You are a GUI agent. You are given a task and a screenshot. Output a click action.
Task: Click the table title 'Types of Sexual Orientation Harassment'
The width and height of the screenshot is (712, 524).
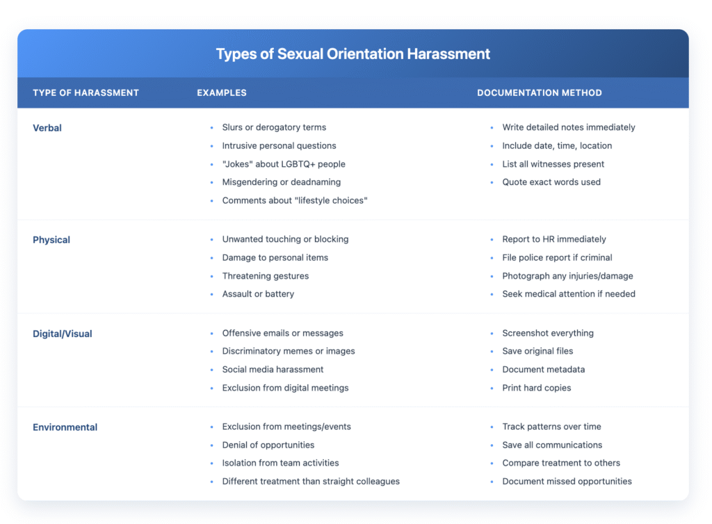(x=353, y=54)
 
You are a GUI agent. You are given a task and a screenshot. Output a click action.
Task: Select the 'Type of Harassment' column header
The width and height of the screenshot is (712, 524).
(x=86, y=93)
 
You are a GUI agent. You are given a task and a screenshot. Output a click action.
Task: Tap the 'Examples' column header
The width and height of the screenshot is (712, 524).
(x=221, y=93)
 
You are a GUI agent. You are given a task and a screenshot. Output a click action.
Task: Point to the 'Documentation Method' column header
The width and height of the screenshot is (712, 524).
(x=539, y=93)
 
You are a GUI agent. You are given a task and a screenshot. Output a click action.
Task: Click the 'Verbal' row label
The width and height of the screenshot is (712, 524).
(x=47, y=128)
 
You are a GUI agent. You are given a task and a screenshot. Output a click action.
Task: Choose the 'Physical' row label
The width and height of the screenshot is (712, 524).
(x=51, y=240)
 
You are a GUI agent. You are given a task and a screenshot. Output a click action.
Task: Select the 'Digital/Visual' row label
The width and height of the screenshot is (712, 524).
(x=62, y=334)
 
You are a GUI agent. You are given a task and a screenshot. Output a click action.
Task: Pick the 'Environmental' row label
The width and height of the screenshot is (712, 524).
(x=65, y=427)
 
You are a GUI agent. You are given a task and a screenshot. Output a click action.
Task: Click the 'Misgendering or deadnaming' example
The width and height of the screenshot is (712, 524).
(x=282, y=182)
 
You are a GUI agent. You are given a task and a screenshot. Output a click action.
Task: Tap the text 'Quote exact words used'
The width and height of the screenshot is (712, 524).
(x=551, y=182)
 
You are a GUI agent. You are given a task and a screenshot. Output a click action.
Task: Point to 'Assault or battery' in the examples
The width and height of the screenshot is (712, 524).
(x=258, y=294)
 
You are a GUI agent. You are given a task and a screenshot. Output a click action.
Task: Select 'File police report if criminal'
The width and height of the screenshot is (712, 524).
(x=557, y=258)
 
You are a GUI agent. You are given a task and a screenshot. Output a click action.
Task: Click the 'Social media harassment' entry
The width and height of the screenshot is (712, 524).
(x=273, y=370)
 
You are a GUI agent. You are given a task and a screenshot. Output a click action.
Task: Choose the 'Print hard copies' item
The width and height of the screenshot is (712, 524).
(x=536, y=388)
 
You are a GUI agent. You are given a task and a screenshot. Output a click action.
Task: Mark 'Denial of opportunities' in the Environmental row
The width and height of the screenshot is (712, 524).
(x=268, y=445)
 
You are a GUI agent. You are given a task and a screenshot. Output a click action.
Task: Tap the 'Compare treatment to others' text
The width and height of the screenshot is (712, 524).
(x=561, y=463)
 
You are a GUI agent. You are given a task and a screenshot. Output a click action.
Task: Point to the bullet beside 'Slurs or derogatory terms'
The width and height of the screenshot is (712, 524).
(x=211, y=128)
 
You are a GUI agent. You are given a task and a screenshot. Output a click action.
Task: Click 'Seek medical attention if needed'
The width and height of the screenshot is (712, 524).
(x=568, y=294)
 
